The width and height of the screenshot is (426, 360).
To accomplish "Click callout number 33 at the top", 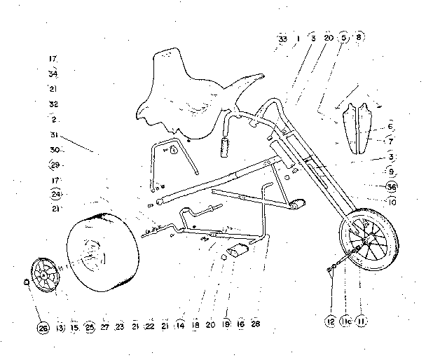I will click(x=282, y=40).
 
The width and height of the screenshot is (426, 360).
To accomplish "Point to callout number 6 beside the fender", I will click(x=390, y=126).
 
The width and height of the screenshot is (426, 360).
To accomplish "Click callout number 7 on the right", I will click(x=390, y=141).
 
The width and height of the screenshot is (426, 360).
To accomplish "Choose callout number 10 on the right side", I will click(x=392, y=202).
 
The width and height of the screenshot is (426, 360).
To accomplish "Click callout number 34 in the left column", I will click(x=53, y=74).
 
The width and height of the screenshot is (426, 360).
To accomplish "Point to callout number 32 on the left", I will click(x=53, y=104).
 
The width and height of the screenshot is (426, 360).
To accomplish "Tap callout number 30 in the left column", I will click(x=54, y=150).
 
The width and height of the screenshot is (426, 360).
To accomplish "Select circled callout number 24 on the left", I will click(x=56, y=194).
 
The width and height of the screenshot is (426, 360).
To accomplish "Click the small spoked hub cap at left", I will click(x=47, y=276).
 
